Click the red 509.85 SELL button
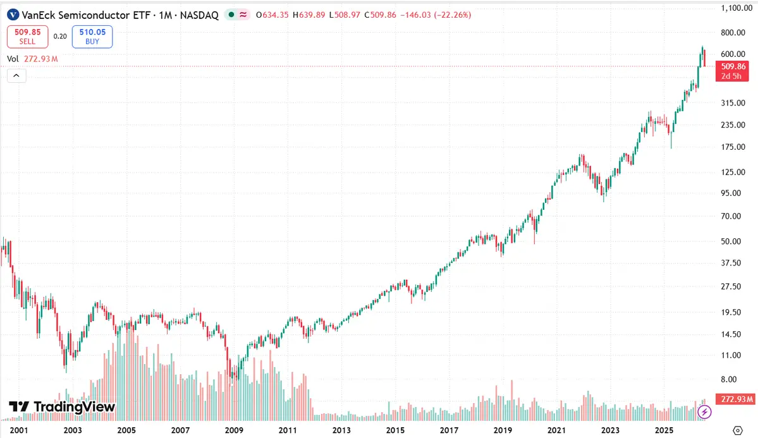[x=28, y=37]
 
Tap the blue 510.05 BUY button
[x=92, y=37]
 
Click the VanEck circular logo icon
[x=13, y=15]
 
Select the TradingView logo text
[x=63, y=406]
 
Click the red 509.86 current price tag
[x=732, y=71]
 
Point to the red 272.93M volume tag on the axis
[x=735, y=399]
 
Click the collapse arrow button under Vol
[x=16, y=75]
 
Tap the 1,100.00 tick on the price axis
[x=737, y=8]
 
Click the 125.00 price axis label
[x=733, y=172]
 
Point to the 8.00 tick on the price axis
[x=728, y=379]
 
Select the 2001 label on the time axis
[x=19, y=430]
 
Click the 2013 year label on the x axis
[x=341, y=430]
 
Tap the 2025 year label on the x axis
[x=664, y=430]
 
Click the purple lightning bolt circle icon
[x=704, y=412]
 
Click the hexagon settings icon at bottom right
[x=738, y=430]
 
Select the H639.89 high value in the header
[x=309, y=15]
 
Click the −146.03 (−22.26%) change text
[x=436, y=15]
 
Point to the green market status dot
[x=231, y=15]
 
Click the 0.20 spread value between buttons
[x=60, y=36]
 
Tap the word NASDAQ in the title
[x=199, y=15]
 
